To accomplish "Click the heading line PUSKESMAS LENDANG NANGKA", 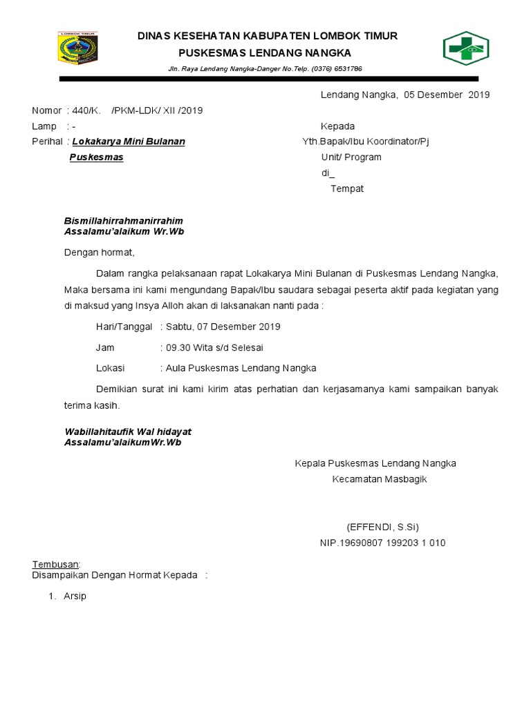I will (x=265, y=52).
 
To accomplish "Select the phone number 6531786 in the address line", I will (x=346, y=69).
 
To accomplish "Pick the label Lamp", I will (x=44, y=126).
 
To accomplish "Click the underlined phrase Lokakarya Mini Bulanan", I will (x=133, y=142).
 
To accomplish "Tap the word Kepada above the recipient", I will (x=337, y=126).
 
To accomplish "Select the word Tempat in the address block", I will (x=346, y=188).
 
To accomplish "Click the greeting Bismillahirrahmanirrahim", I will (x=123, y=221).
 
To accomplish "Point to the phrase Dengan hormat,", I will (x=99, y=252).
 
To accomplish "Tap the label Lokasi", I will (x=111, y=368).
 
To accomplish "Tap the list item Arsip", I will (x=75, y=596).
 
